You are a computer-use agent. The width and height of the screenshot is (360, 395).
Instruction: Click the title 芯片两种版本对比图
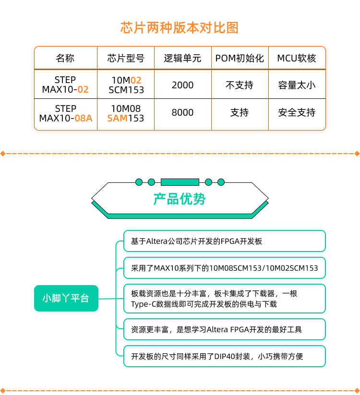[180, 28]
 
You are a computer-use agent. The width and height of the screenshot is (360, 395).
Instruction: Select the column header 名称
[65, 59]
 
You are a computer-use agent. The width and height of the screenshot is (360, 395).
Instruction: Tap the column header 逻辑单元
[182, 59]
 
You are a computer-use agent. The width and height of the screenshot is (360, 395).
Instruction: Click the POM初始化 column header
[240, 59]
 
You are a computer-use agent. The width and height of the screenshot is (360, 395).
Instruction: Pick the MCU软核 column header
[297, 59]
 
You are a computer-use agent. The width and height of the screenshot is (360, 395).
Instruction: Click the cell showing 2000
[182, 85]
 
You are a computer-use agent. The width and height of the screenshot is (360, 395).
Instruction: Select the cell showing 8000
[182, 112]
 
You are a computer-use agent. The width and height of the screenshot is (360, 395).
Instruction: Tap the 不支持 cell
[240, 85]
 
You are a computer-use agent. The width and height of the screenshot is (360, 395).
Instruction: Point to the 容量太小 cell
[297, 85]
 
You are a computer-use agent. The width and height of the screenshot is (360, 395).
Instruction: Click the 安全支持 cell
[297, 112]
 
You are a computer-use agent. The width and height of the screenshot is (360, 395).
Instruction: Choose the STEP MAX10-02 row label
[65, 84]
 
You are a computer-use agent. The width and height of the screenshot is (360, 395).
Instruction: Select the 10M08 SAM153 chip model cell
[126, 113]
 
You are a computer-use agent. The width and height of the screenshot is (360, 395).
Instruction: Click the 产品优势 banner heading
[180, 199]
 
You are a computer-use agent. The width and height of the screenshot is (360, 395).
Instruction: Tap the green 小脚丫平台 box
[66, 298]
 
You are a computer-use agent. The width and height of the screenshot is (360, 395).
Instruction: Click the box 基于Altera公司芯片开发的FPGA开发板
[225, 241]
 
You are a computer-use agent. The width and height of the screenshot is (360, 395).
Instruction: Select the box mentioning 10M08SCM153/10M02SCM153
[225, 268]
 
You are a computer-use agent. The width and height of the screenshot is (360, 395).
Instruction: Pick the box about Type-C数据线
[225, 299]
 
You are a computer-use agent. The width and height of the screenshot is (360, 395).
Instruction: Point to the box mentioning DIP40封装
[225, 356]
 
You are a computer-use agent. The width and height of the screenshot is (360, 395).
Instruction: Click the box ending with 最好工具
[225, 329]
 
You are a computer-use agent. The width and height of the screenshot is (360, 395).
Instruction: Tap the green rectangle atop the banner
[180, 182]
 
